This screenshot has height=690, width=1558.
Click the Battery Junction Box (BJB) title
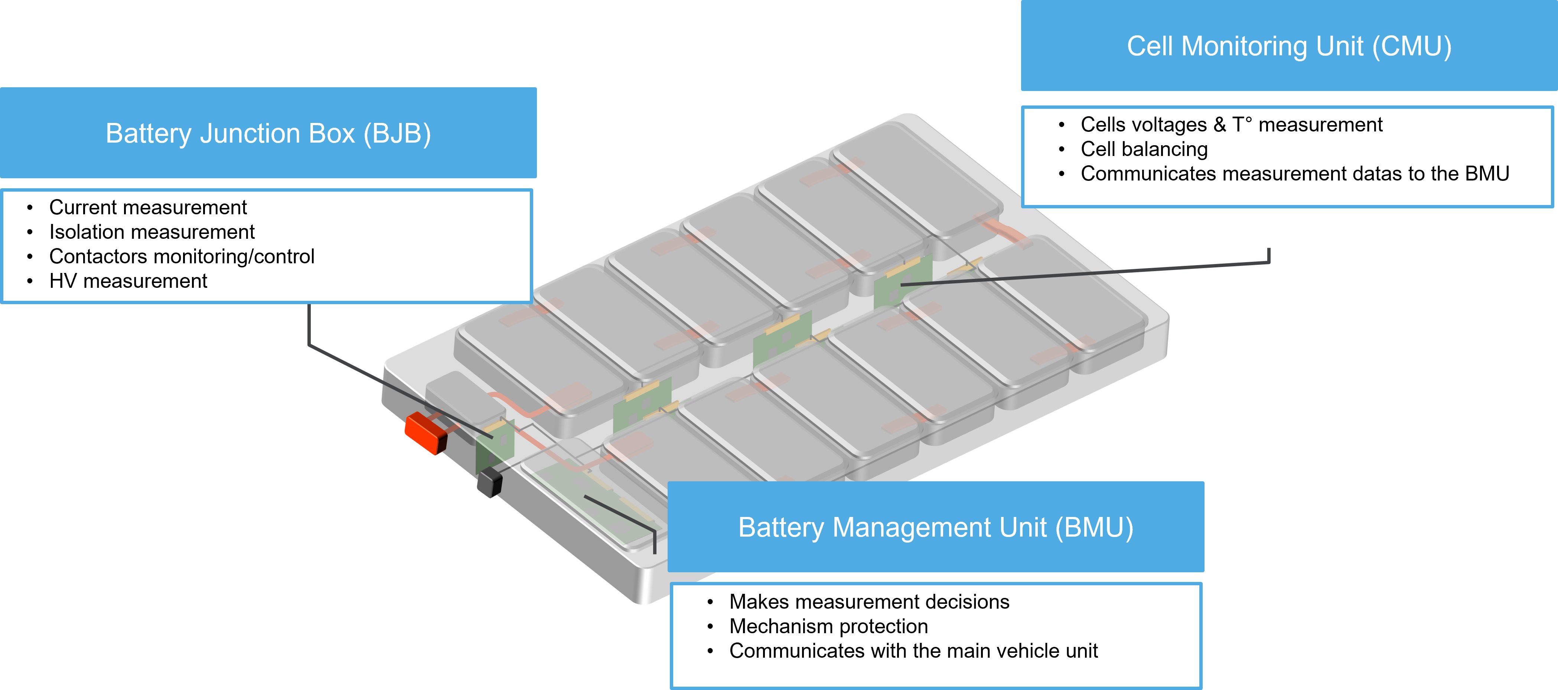(268, 134)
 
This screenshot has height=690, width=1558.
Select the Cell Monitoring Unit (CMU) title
(1289, 46)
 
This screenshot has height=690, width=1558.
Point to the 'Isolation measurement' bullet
(152, 232)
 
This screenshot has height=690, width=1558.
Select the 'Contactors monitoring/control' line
(182, 256)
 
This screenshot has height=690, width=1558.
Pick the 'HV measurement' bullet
(128, 281)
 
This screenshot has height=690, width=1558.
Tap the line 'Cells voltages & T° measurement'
(1231, 124)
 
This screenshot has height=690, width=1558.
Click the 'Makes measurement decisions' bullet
(869, 602)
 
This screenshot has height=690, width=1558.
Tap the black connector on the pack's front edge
(489, 482)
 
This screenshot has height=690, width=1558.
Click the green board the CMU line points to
(901, 283)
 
